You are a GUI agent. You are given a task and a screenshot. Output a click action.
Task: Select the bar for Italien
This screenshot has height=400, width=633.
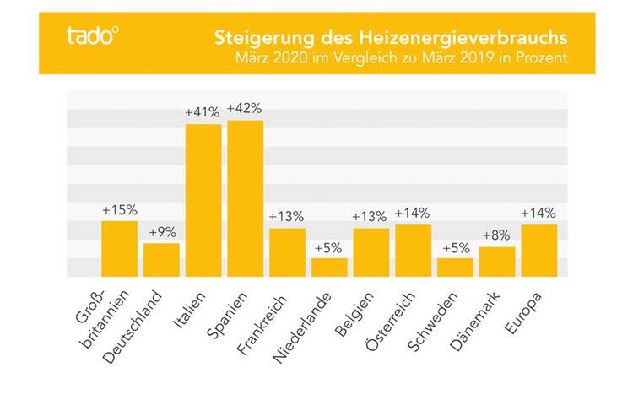pyautogui.click(x=203, y=200)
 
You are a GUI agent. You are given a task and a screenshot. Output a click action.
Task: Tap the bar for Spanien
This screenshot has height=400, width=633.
pyautogui.click(x=246, y=198)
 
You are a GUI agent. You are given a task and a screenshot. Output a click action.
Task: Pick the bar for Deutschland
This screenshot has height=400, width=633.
pyautogui.click(x=161, y=260)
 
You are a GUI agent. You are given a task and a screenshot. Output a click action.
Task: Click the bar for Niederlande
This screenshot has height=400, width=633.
pyautogui.click(x=329, y=268)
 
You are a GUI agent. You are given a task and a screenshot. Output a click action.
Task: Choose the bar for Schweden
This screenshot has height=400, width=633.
pyautogui.click(x=455, y=268)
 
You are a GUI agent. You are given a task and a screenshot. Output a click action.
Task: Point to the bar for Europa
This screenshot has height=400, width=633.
pyautogui.click(x=538, y=251)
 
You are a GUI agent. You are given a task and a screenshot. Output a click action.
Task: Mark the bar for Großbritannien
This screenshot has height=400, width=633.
pyautogui.click(x=119, y=249)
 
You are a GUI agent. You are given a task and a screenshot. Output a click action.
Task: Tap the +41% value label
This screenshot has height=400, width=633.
pyautogui.click(x=203, y=112)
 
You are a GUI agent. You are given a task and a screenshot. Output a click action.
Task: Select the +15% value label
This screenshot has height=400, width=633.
pyautogui.click(x=119, y=209)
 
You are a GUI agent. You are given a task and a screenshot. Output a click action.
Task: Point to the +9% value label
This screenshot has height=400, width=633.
pyautogui.click(x=161, y=232)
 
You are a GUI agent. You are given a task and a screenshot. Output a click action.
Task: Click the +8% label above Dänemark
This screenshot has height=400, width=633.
pyautogui.click(x=497, y=235)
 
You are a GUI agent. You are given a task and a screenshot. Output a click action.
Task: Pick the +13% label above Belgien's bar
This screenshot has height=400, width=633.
pyautogui.click(x=371, y=217)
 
